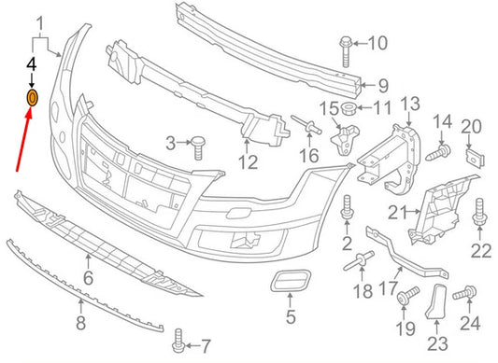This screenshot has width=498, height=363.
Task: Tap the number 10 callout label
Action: pyautogui.click(x=377, y=43)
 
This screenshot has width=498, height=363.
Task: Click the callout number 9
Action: pyautogui.click(x=370, y=85)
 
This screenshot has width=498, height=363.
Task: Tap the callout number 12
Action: pyautogui.click(x=247, y=163)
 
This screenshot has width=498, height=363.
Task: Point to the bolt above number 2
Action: pyautogui.click(x=347, y=208)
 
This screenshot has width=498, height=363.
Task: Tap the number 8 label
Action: pyautogui.click(x=80, y=325)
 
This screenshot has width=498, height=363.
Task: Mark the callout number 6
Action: pyautogui.click(x=88, y=277)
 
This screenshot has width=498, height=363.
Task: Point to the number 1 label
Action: pyautogui.click(x=40, y=21)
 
